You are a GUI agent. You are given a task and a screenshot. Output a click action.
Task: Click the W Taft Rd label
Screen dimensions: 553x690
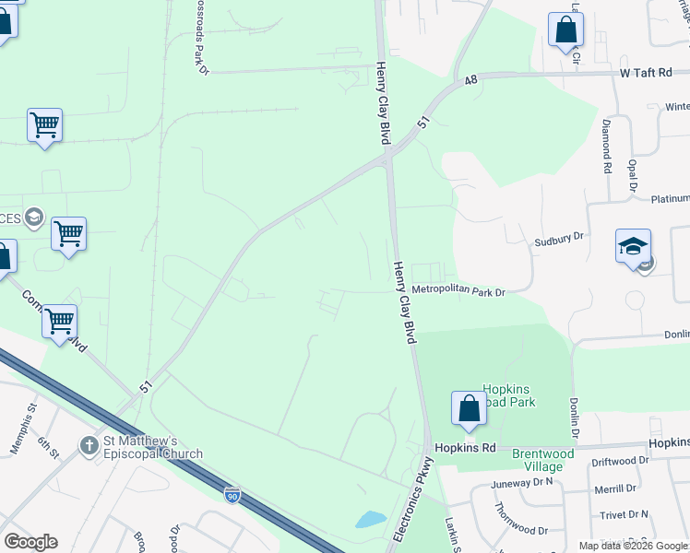click(648, 72)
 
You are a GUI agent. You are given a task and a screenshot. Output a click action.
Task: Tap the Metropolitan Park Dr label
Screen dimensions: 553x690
click(459, 292)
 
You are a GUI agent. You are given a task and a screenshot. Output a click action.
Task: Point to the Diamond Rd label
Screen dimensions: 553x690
click(607, 146)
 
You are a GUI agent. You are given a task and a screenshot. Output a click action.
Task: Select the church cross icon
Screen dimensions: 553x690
click(88, 446)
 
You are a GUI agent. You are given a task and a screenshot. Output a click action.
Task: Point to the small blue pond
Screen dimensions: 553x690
click(370, 519)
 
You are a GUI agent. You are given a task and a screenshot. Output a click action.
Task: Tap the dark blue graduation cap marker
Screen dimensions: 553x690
click(633, 248)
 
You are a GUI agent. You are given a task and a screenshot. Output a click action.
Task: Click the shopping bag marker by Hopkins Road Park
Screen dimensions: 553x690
click(469, 410)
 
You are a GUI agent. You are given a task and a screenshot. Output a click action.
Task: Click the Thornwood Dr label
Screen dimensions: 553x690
click(521, 530)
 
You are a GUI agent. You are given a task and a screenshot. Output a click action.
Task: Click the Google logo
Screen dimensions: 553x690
click(30, 542)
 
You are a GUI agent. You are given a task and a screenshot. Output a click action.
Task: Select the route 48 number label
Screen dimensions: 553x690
click(470, 81)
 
